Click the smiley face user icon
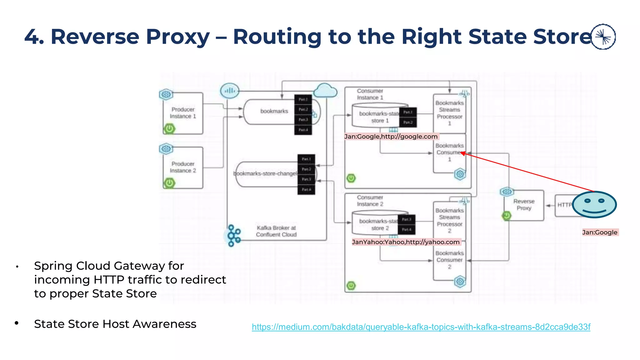594,205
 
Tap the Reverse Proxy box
524,205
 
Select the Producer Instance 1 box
183,113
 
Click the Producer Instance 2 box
183,167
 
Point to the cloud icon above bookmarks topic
325,91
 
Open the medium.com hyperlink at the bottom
421,327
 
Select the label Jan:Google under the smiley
600,232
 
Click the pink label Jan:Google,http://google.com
391,137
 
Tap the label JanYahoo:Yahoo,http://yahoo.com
406,242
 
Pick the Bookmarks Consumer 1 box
449,153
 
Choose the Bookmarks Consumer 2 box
449,260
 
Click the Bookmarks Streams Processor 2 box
449,221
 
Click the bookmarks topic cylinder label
274,111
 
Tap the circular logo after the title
603,37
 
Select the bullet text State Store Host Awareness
115,324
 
